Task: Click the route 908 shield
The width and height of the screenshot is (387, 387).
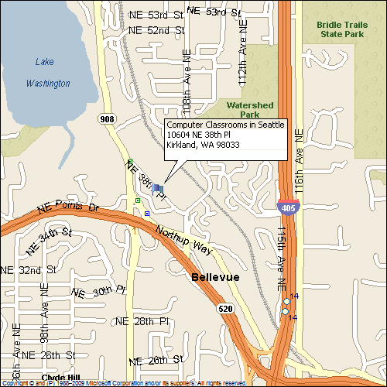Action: pyautogui.click(x=107, y=118)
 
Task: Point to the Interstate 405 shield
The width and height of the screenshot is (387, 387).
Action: pyautogui.click(x=287, y=205)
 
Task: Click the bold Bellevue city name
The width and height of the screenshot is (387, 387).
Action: pyautogui.click(x=215, y=277)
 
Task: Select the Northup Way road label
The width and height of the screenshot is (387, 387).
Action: pyautogui.click(x=183, y=241)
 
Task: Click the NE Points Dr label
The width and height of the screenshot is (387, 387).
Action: pyautogui.click(x=68, y=209)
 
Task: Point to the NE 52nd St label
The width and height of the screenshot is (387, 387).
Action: pyautogui.click(x=156, y=30)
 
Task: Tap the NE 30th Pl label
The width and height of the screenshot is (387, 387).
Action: pyautogui.click(x=98, y=291)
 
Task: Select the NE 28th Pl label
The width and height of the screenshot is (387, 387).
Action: pyautogui.click(x=142, y=320)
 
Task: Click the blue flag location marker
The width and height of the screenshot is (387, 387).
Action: pyautogui.click(x=159, y=187)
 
